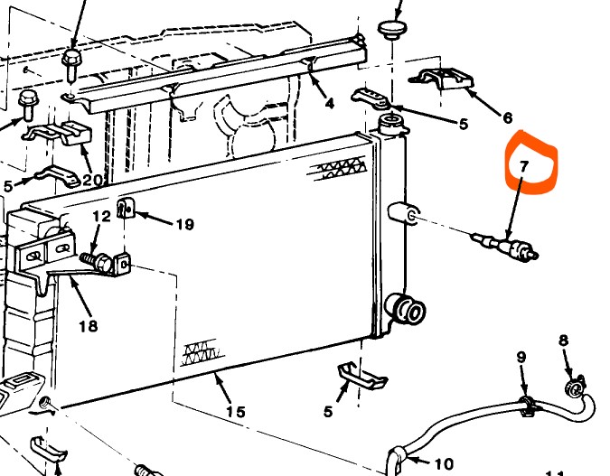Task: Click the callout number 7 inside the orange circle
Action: pyautogui.click(x=523, y=167)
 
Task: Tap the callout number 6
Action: pyautogui.click(x=507, y=117)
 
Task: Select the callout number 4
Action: pyautogui.click(x=329, y=103)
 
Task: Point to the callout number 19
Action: pyautogui.click(x=184, y=224)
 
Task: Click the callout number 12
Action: pyautogui.click(x=101, y=216)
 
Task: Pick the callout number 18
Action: pyautogui.click(x=88, y=325)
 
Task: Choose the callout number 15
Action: pyautogui.click(x=235, y=412)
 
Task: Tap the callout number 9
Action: pyautogui.click(x=521, y=358)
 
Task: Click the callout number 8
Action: pyautogui.click(x=563, y=341)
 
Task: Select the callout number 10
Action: pyautogui.click(x=444, y=464)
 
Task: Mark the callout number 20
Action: pyautogui.click(x=91, y=179)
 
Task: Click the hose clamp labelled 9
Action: pyautogui.click(x=524, y=404)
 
